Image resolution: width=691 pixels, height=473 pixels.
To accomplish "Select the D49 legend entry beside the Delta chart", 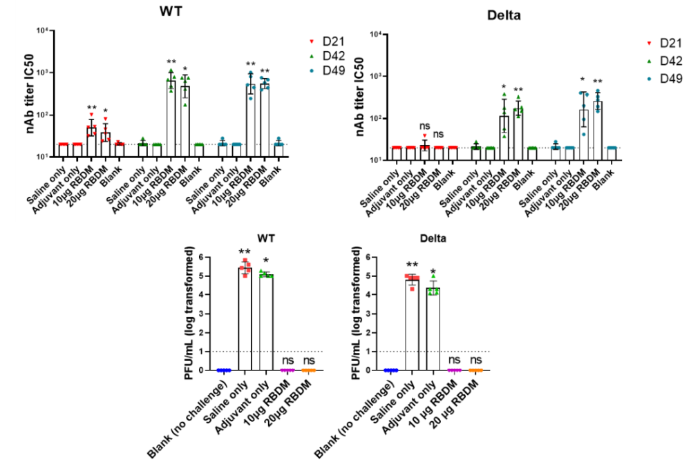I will pyautogui.click(x=659, y=79).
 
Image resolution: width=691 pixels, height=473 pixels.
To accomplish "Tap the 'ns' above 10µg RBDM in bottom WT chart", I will pyautogui.click(x=287, y=360).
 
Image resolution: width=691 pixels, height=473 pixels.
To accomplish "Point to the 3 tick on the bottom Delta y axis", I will pyautogui.click(x=372, y=313).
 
